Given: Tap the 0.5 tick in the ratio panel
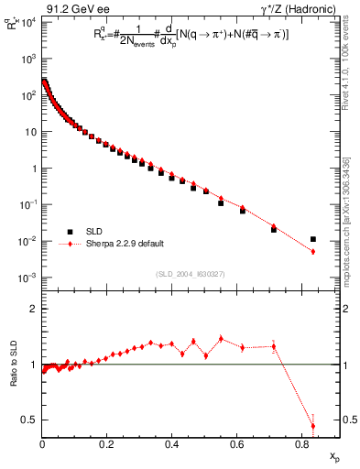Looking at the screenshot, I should (30, 420).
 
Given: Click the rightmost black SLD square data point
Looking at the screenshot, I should (312, 239).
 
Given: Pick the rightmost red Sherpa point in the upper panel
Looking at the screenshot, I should (312, 252).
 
